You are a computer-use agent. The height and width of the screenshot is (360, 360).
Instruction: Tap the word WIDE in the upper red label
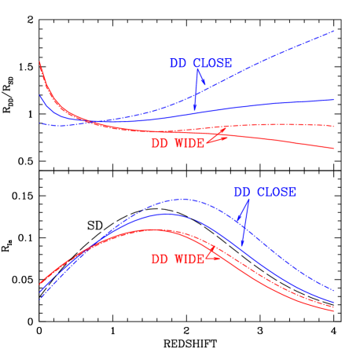[189, 144]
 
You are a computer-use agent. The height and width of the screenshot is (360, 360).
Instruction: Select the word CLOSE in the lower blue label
[275, 192]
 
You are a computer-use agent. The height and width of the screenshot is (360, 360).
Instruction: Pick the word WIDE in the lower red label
[189, 259]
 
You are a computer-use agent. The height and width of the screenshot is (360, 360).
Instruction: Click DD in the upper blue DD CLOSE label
[178, 64]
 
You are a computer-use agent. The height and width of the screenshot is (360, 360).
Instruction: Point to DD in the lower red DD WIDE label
[160, 259]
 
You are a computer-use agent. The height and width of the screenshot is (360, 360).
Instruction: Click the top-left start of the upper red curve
[40, 61]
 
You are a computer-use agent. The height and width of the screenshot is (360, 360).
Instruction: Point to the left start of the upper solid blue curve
[40, 95]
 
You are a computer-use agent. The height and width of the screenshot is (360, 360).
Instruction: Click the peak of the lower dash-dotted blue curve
[182, 200]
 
